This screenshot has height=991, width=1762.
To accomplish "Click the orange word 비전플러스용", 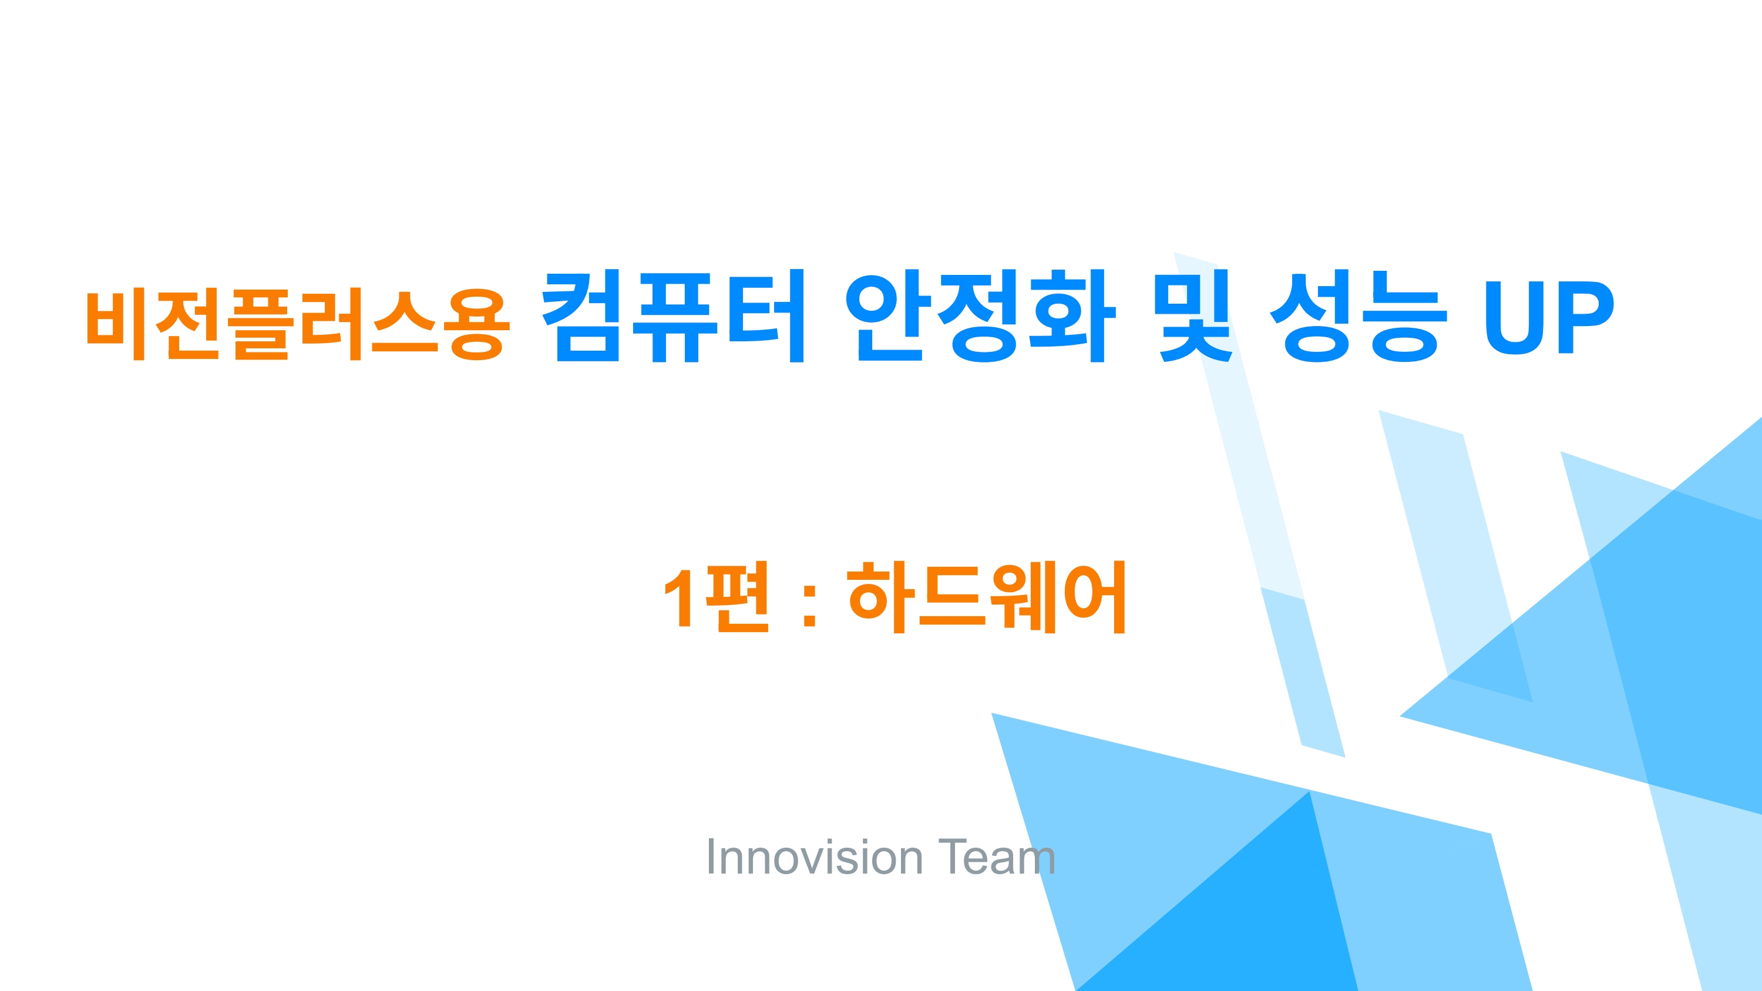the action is (x=298, y=324).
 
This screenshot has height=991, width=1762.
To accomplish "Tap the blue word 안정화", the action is (x=980, y=316).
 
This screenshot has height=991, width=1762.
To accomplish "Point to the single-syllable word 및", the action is (x=1194, y=316).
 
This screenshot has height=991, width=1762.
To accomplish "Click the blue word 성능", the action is (x=1358, y=316).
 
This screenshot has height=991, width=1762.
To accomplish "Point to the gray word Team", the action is (x=997, y=856).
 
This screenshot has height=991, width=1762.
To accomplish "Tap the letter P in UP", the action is (x=1586, y=317).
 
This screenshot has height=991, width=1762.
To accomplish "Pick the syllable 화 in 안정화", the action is (x=1074, y=316).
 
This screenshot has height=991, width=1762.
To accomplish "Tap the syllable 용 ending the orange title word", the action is (x=477, y=324).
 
